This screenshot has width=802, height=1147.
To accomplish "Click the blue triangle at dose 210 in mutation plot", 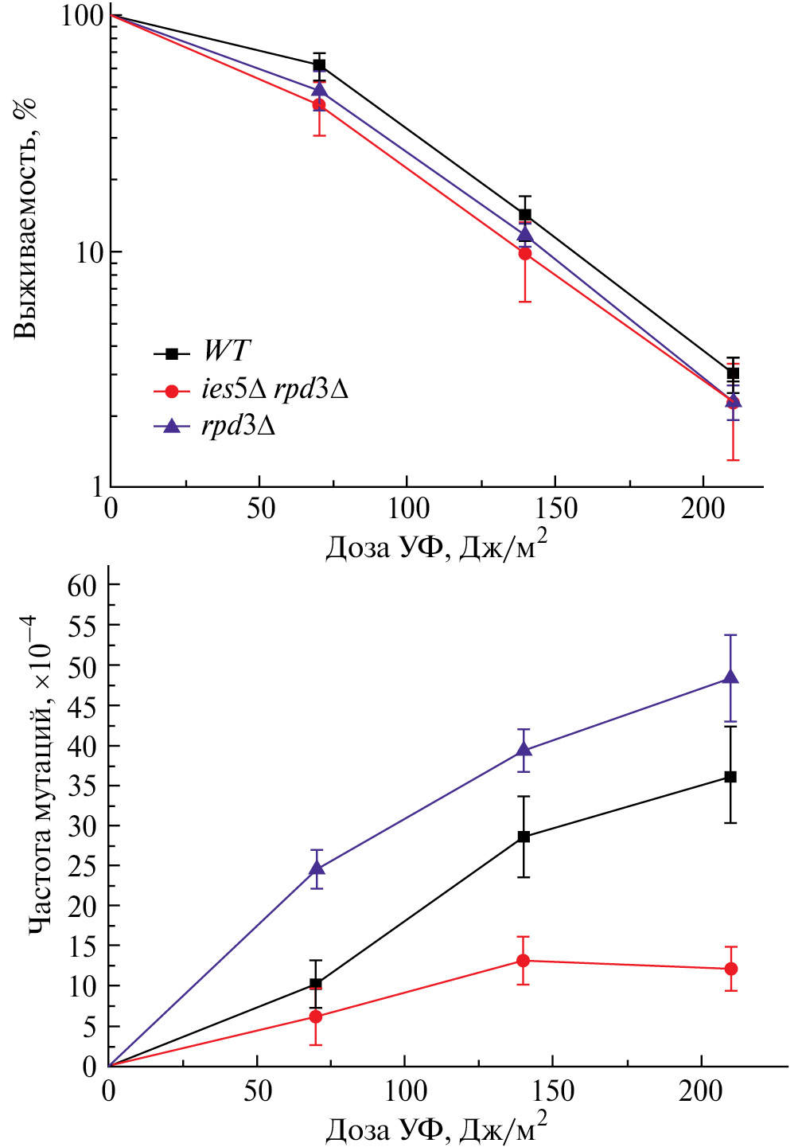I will (730, 677).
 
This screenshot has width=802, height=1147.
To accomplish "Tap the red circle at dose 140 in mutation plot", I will (524, 961).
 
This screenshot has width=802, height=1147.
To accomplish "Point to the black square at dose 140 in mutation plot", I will (524, 837).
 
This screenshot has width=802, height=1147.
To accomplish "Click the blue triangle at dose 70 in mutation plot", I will (317, 868).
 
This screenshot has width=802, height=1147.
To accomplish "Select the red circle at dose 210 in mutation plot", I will (730, 969).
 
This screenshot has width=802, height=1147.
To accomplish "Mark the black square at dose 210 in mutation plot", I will (730, 777).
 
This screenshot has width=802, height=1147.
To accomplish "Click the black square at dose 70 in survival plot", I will (319, 65).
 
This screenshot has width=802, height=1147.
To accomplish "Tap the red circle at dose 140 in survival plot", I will (525, 253).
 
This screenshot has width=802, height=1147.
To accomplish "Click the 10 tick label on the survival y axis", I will (90, 252).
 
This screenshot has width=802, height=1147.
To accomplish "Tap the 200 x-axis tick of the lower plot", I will (701, 1090).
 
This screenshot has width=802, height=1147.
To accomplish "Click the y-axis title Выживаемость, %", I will (26, 219).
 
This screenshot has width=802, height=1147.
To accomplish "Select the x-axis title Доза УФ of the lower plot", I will (436, 1129).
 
